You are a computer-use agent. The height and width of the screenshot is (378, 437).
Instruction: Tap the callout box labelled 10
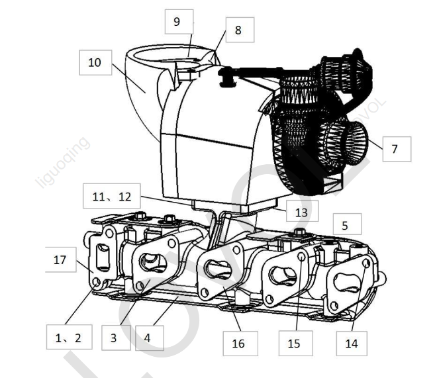coord(94,63)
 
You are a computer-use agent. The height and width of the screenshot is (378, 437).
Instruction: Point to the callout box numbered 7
coord(395,149)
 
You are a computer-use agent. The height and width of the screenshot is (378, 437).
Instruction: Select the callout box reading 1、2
coord(68,338)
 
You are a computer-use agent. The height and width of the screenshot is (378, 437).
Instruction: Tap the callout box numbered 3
coord(113,338)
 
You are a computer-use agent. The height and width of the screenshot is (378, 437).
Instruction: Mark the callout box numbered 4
coord(149,338)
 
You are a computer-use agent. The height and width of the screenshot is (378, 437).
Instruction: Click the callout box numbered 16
coord(238,343)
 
